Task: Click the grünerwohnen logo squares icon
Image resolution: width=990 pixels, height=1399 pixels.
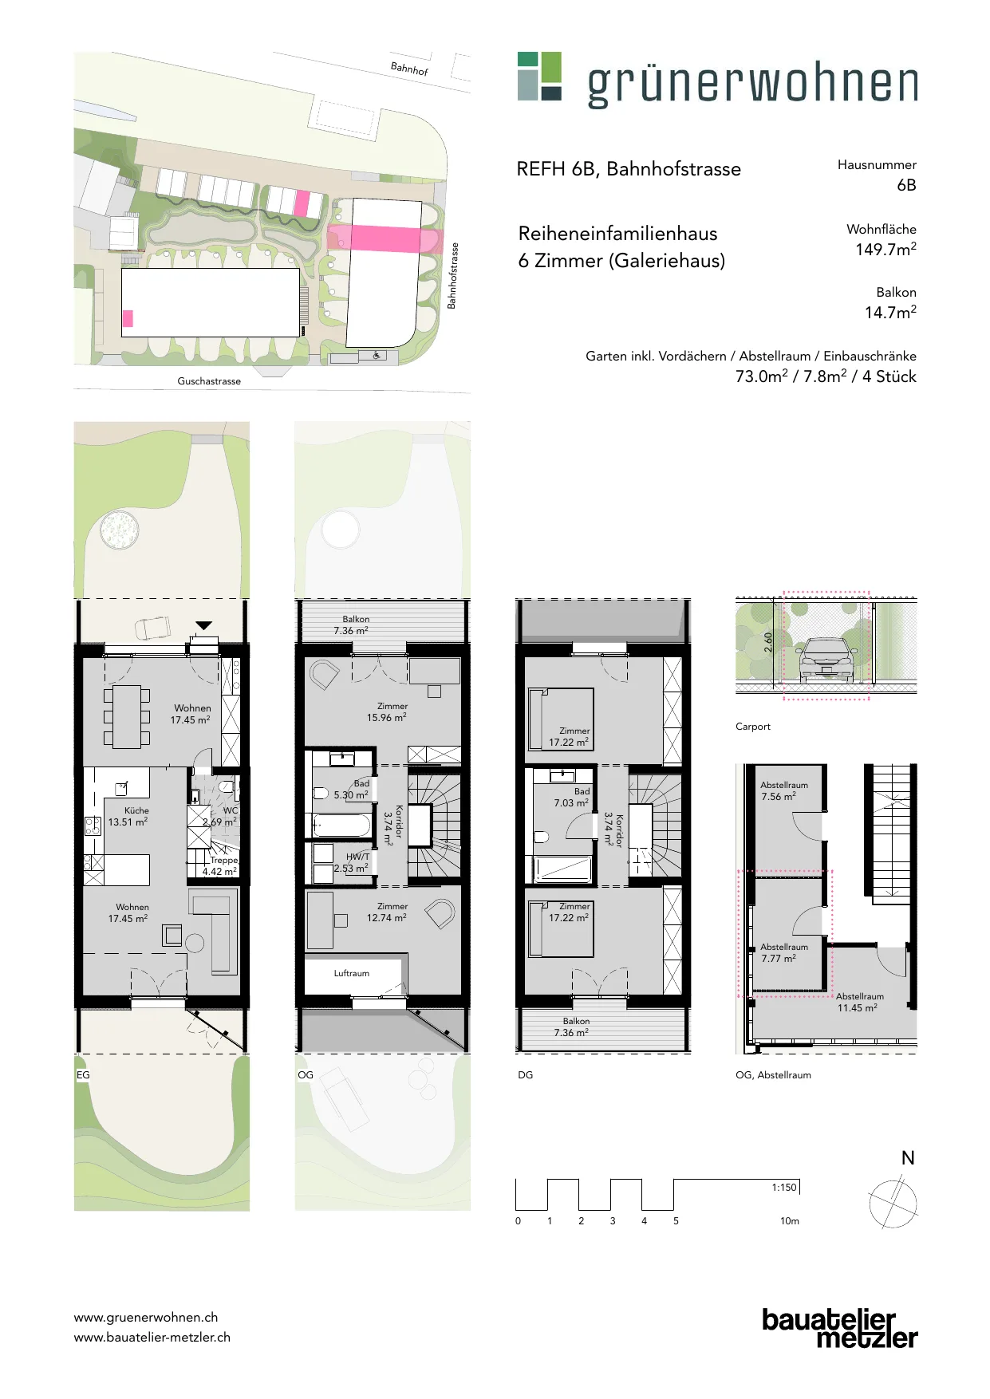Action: (x=539, y=76)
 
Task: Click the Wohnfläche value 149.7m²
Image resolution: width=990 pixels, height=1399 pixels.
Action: (x=885, y=249)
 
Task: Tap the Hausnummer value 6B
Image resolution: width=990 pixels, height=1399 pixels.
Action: (x=906, y=185)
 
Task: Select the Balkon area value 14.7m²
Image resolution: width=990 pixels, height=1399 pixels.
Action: (x=890, y=312)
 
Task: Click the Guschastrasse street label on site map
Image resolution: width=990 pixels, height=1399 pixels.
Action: (x=209, y=381)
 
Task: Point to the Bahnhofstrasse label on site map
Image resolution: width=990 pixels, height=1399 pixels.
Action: (x=452, y=276)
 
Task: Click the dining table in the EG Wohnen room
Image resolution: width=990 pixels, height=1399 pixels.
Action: (x=127, y=716)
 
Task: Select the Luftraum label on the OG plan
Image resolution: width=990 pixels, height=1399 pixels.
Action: (x=352, y=973)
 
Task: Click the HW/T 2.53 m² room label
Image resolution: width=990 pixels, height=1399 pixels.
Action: (x=352, y=862)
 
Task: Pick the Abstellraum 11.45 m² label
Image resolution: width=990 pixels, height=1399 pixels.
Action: (x=859, y=1002)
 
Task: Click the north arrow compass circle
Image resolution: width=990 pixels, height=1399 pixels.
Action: (x=893, y=1204)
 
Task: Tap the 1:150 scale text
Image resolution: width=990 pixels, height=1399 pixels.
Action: (x=784, y=1187)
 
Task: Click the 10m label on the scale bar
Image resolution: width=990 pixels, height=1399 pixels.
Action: (x=790, y=1220)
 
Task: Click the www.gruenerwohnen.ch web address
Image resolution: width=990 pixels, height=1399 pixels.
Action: (x=146, y=1318)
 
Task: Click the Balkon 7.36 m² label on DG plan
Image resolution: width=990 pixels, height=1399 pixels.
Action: (x=573, y=1027)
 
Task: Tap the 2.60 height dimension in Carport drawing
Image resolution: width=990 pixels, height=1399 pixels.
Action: (x=767, y=642)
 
